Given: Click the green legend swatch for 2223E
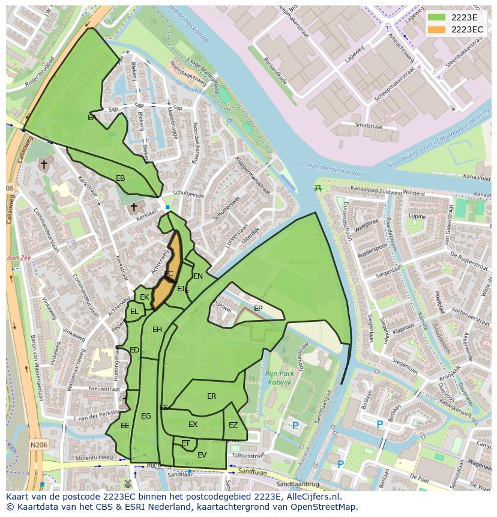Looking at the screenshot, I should coord(436,17).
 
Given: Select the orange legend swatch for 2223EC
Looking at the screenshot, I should coord(436,29).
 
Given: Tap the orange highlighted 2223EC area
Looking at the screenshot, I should coord(168,270).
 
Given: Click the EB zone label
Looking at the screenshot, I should coord(120,178).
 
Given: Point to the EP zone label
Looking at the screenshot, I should coord(258,309).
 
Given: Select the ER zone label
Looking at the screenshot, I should coord(211,396).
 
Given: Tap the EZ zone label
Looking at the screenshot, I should coord(233,425).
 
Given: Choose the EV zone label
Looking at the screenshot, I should coord(202,455).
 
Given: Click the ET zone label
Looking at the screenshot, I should coord(185,443).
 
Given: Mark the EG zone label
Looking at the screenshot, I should coord(146,416).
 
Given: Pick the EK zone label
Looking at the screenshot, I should coord(144,297).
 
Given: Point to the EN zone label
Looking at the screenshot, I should coord(198,276).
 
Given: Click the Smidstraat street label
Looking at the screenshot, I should coord(369,125).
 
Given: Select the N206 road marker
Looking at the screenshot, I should coord(38,445).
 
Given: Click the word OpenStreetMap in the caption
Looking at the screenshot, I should coord(325,507).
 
